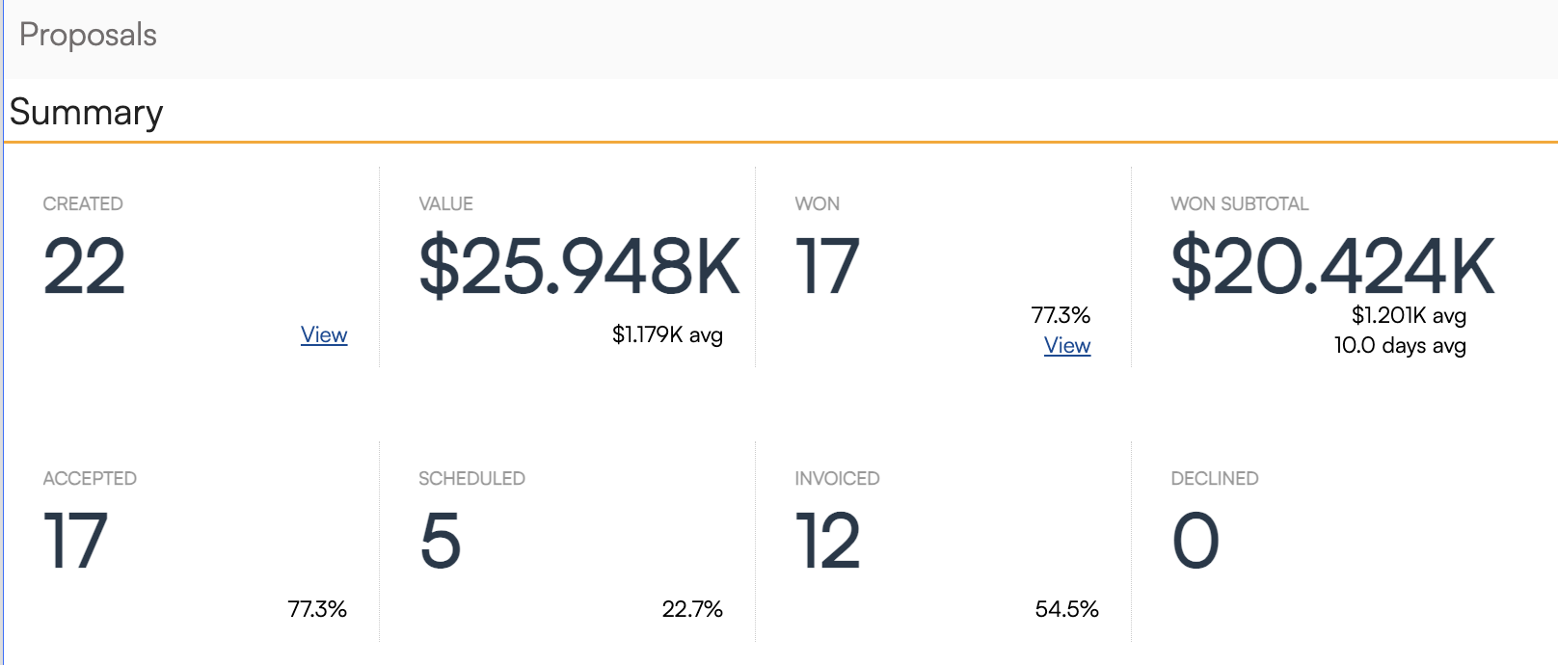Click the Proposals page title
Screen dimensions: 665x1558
click(88, 35)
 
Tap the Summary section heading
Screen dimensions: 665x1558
click(86, 112)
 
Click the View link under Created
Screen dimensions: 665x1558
click(324, 334)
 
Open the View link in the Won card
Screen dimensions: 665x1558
click(1067, 345)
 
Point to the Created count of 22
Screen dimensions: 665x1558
click(85, 266)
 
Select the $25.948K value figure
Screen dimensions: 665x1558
click(579, 266)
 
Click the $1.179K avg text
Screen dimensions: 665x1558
click(667, 334)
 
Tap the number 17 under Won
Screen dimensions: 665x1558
click(826, 266)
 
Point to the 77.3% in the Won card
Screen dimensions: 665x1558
click(1061, 315)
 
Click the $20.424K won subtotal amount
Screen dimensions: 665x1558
click(1332, 266)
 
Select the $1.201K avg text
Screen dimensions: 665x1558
click(1409, 315)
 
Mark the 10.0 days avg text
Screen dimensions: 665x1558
click(1400, 345)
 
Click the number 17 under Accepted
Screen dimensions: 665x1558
click(75, 541)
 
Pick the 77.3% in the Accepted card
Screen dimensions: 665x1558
click(317, 609)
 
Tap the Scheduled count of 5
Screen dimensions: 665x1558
click(441, 541)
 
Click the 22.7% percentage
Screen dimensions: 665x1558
click(692, 609)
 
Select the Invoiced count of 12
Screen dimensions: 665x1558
click(827, 541)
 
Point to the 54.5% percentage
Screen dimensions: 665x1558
click(1066, 609)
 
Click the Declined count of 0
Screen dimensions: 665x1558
click(1195, 541)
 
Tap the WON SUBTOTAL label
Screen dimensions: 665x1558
click(1239, 203)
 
